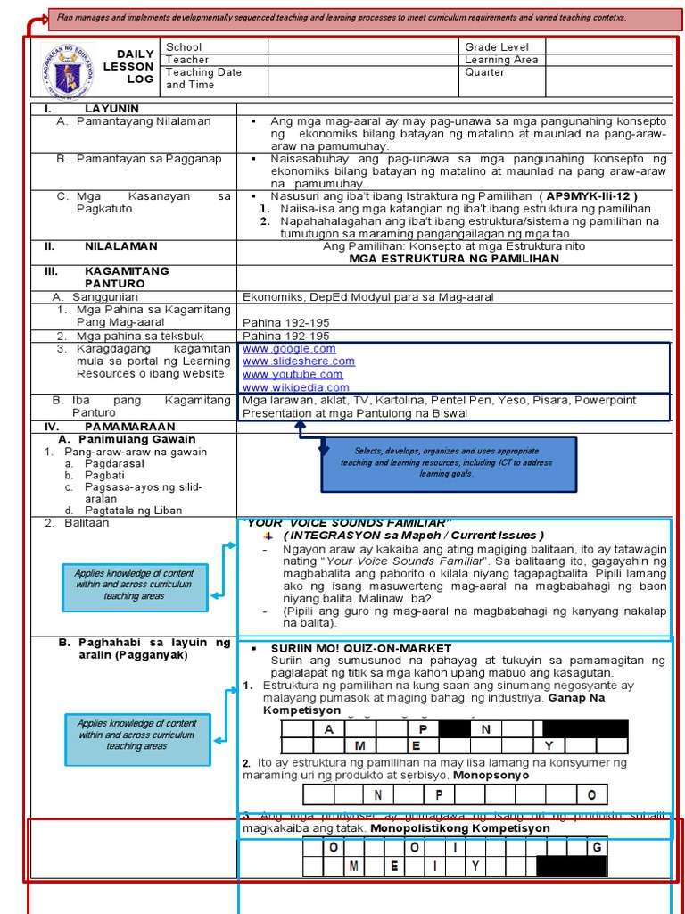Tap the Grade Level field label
[x=497, y=46]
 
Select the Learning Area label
[x=501, y=60]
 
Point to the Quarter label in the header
[x=484, y=73]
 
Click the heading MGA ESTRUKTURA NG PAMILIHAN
[x=454, y=259]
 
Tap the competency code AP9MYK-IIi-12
[x=591, y=195]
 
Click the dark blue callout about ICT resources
[x=449, y=463]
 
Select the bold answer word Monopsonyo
[x=491, y=776]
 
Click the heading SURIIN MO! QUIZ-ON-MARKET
[x=361, y=648]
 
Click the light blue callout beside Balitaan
[x=134, y=587]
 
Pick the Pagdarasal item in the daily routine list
[x=114, y=464]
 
